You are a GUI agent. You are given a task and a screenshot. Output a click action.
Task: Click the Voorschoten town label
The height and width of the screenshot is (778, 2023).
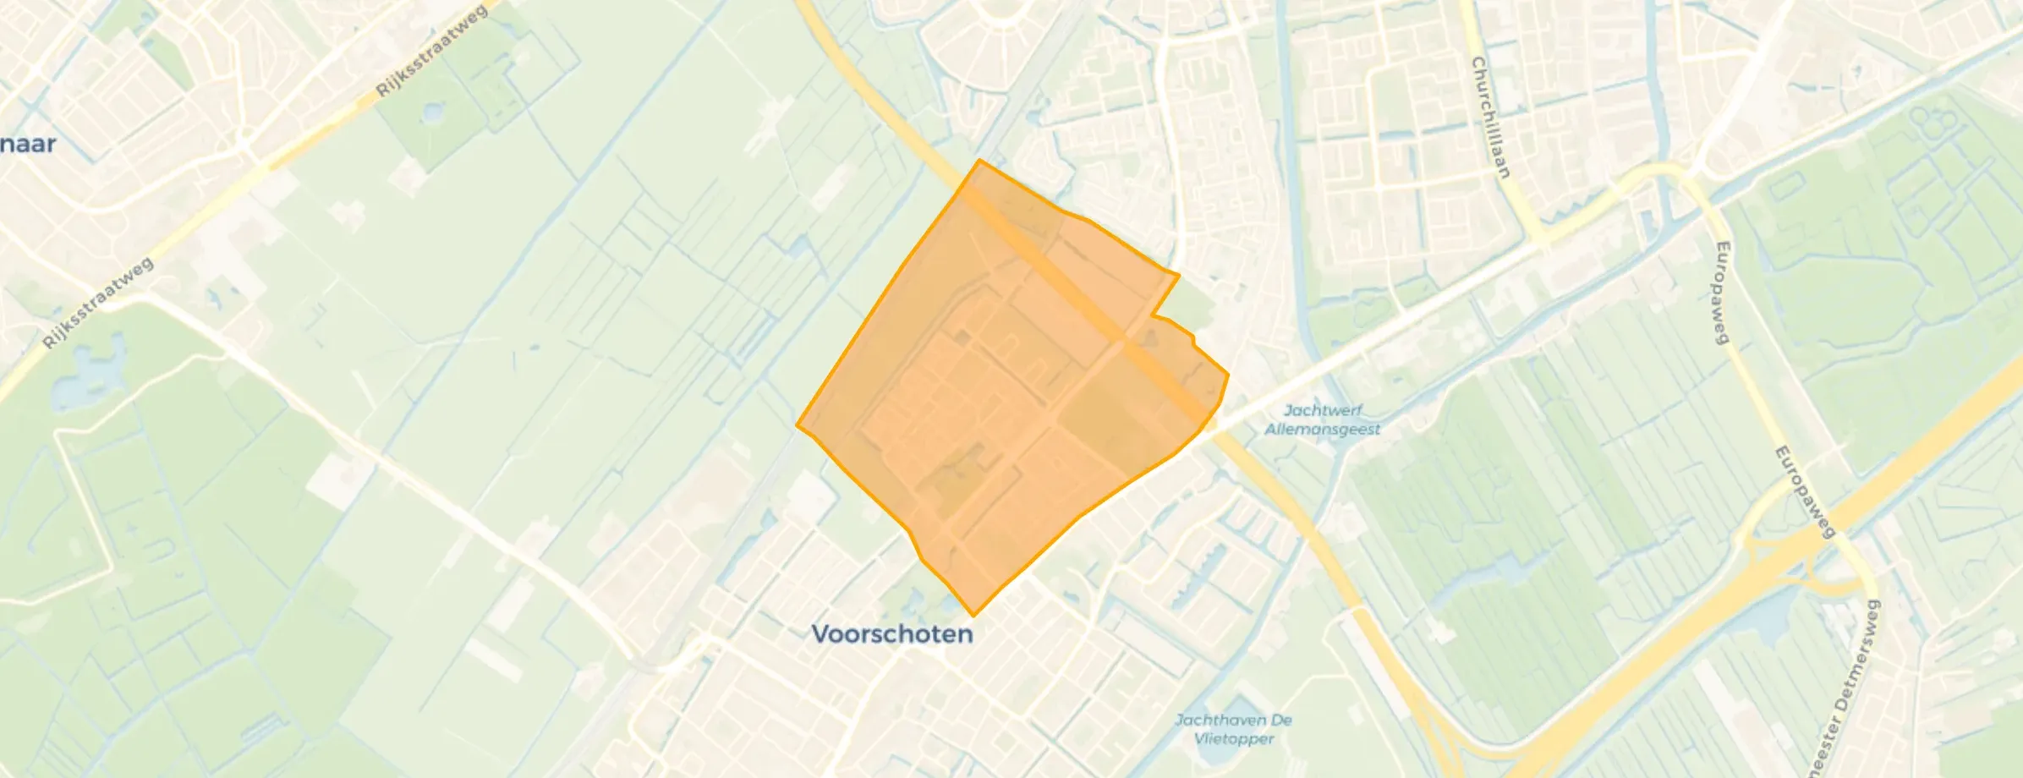click(x=892, y=634)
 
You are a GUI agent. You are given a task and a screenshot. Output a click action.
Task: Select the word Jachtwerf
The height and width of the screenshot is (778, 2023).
click(x=1323, y=410)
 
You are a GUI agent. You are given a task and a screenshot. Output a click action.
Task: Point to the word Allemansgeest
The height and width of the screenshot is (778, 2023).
click(x=1323, y=429)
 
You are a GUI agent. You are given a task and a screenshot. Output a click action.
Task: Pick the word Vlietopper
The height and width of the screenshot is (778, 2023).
click(x=1234, y=738)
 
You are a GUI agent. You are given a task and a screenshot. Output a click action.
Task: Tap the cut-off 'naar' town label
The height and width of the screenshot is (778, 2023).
click(x=28, y=144)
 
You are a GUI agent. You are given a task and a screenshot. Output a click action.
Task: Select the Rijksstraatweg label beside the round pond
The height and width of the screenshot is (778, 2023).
click(x=431, y=50)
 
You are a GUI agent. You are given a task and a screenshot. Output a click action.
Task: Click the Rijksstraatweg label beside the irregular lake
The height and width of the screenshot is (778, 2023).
click(x=99, y=303)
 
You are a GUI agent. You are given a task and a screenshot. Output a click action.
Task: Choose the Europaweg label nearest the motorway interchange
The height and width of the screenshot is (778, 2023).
click(x=1805, y=491)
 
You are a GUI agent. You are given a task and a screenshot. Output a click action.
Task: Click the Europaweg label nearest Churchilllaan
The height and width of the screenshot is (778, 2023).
click(x=1721, y=293)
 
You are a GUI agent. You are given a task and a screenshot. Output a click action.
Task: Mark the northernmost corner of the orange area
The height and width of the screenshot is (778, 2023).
click(x=979, y=160)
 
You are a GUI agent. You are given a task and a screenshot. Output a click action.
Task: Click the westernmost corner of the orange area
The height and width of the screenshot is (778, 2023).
click(x=798, y=425)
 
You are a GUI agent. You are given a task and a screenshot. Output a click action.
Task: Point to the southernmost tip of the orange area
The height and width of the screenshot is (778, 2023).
click(x=973, y=615)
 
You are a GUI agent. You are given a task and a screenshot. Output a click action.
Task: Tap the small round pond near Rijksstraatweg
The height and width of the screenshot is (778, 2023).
click(x=432, y=112)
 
